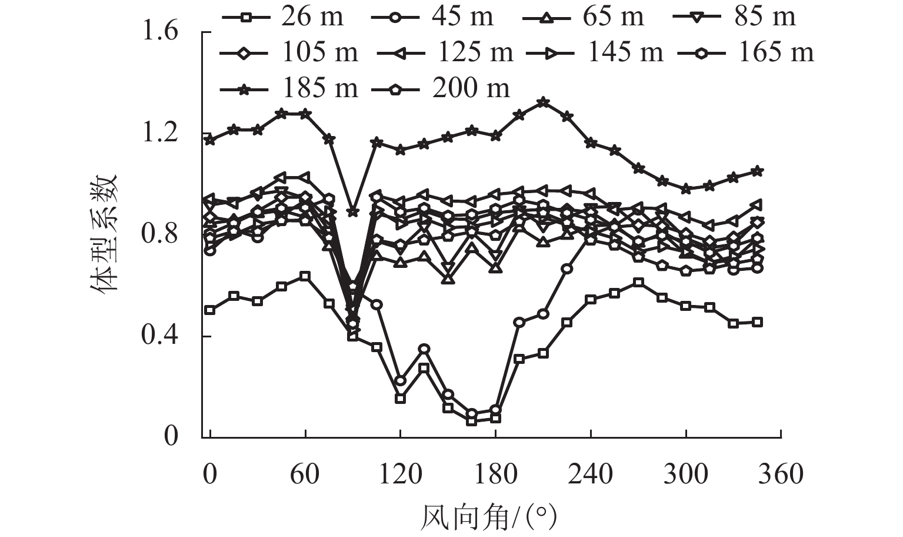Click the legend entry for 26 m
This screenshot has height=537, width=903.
pos(282,16)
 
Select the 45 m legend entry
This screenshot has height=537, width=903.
pos(432,16)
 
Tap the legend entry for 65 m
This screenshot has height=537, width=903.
pos(582,16)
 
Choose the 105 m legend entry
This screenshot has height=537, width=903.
pos(288,52)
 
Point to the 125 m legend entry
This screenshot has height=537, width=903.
pos(444,52)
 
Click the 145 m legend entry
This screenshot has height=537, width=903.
pos(594,52)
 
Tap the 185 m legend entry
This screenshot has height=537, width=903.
pos(288,88)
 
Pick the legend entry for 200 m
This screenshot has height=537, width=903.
pos(441,88)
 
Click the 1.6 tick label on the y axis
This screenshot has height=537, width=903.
pos(160,31)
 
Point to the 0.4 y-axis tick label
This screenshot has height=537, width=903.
pos(160,336)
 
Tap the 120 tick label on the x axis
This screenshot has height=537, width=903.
pos(400,474)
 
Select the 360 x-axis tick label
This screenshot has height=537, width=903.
pos(781,474)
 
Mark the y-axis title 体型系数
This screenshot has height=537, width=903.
pos(105,234)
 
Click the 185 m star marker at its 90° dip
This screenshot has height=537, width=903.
pos(352,211)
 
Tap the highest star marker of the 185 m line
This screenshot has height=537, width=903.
pos(543,102)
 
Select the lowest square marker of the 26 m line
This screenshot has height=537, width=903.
pos(471,421)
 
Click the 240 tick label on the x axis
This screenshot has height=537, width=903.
pos(590,474)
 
